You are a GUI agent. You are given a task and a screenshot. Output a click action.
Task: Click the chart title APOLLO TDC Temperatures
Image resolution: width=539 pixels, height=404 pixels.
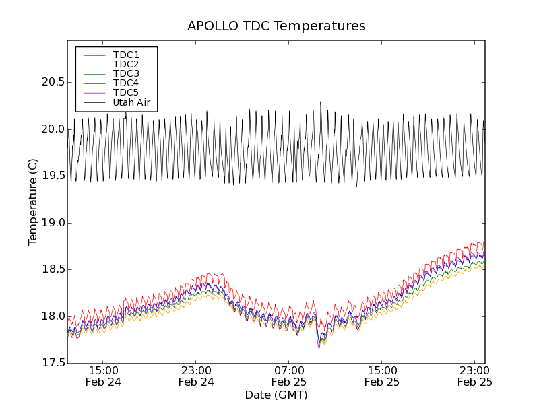[276, 26]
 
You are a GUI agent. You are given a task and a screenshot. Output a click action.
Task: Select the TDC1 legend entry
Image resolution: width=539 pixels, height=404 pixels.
[126, 55]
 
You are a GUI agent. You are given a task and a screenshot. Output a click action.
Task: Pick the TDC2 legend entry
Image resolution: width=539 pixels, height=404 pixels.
[126, 64]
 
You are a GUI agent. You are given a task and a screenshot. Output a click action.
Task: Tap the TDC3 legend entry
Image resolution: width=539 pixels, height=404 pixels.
[126, 73]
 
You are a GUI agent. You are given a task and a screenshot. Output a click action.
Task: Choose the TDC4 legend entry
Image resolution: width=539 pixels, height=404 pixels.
[126, 83]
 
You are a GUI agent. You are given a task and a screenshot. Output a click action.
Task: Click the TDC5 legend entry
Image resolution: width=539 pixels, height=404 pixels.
[126, 92]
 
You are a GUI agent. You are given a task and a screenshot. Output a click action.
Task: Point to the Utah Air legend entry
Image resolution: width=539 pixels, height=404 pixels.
[131, 102]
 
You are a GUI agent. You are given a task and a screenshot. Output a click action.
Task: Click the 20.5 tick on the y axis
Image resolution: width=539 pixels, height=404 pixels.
[53, 82]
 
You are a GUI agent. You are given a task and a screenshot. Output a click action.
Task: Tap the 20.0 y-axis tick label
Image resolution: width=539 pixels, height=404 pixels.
[53, 129]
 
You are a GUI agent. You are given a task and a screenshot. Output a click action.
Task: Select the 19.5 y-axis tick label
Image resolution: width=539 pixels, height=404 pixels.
[53, 176]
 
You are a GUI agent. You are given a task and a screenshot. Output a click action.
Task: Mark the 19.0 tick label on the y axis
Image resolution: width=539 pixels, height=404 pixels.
[53, 223]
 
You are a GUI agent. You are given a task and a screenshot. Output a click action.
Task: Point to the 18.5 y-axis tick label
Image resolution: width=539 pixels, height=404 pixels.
[53, 269]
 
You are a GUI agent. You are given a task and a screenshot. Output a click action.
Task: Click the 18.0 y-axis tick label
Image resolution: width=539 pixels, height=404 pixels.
[53, 316]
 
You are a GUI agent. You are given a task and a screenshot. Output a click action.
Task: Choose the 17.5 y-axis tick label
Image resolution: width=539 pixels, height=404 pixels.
[53, 364]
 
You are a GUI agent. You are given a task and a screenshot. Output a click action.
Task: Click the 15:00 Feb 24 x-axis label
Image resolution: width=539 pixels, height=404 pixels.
[104, 376]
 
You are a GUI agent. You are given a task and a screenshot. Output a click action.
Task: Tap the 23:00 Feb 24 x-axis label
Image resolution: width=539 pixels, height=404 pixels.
[197, 376]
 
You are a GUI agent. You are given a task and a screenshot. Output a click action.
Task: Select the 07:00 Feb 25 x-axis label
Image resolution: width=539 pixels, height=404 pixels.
[290, 376]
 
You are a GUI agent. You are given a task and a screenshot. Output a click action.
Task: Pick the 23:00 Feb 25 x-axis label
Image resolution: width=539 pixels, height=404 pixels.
[475, 376]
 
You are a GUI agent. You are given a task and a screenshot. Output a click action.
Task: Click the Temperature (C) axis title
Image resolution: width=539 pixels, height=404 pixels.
[33, 202]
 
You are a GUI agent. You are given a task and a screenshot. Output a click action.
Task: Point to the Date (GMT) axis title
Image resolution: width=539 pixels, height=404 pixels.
[276, 395]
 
